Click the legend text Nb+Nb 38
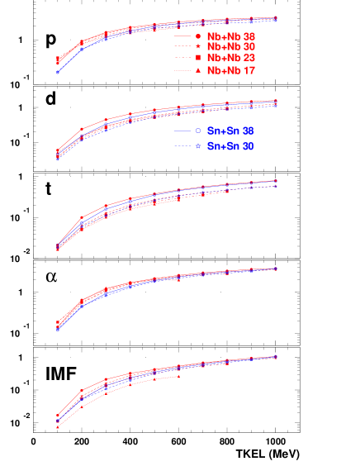231,37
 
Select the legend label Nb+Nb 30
231,48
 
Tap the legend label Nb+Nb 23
231,59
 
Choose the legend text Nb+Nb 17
231,71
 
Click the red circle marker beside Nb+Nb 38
198,37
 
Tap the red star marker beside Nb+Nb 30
198,48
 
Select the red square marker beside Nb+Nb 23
198,59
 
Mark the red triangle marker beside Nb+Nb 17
198,71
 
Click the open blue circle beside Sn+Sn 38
198,132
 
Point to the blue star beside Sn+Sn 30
198,146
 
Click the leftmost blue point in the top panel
57,73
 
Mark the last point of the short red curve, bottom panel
179,377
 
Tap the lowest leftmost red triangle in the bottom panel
57,427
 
